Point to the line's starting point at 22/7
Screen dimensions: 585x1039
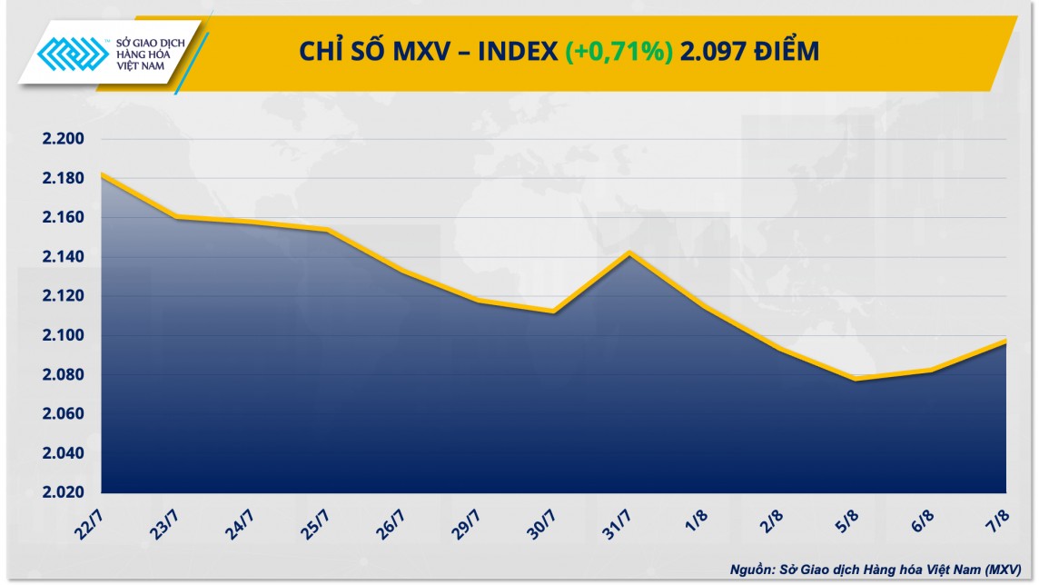(x=102, y=174)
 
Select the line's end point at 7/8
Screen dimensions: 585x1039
(x=1004, y=341)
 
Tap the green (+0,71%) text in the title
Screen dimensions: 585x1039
(x=618, y=53)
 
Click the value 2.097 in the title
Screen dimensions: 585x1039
(x=710, y=53)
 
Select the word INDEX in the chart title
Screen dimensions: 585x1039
(x=518, y=53)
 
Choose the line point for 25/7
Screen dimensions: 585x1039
(x=327, y=230)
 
